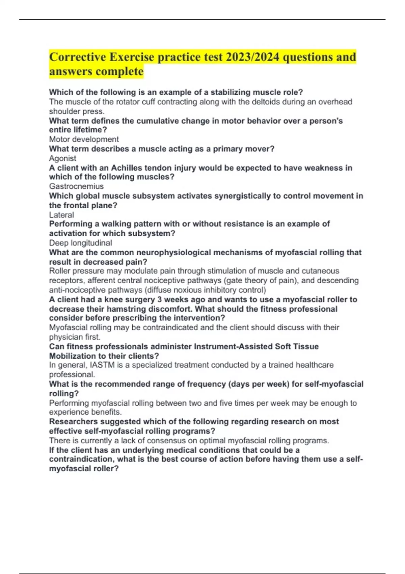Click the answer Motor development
click(84, 139)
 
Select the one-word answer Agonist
click(63, 158)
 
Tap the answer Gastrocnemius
click(76, 186)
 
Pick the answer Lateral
click(61, 215)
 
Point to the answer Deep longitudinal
click(80, 243)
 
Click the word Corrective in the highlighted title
click(77, 57)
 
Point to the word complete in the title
click(119, 72)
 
